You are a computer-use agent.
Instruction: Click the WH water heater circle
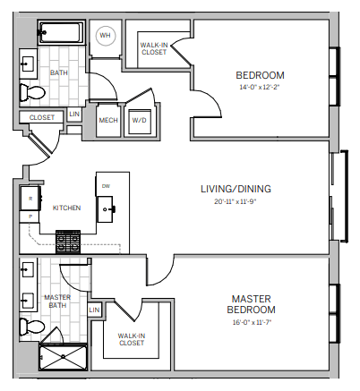106,36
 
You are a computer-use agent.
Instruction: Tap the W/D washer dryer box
140,121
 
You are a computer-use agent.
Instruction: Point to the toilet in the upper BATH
32,92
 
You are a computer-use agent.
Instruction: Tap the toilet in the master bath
32,327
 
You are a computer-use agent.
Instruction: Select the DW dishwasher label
106,186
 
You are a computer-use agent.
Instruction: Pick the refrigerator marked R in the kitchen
30,199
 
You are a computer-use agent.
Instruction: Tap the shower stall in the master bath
63,357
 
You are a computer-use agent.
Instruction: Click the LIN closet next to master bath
95,310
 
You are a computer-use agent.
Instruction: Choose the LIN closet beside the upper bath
74,115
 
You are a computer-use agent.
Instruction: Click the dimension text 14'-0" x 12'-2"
260,88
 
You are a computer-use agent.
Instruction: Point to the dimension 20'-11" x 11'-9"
236,203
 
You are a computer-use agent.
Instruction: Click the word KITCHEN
66,208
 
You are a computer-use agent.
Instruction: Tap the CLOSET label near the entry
42,117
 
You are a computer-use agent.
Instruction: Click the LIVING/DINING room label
236,189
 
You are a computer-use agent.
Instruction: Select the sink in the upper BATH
28,64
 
